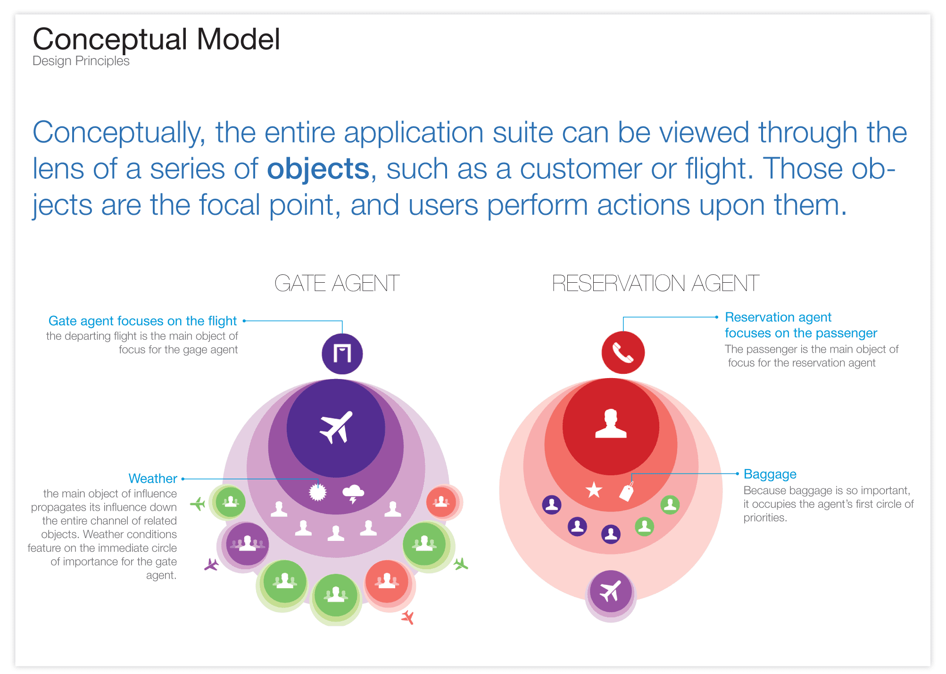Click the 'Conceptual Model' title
tap(156, 39)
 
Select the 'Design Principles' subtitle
tap(81, 61)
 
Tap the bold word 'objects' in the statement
tap(318, 168)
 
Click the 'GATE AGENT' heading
tap(337, 283)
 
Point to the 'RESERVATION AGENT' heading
tap(656, 283)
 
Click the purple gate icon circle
tap(342, 354)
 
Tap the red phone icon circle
tap(623, 352)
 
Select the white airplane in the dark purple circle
tap(336, 428)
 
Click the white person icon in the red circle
tap(611, 423)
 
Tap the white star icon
tap(594, 490)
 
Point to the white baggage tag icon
tap(627, 492)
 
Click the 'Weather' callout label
tap(153, 479)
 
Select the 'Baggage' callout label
tap(770, 474)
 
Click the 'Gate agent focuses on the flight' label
tap(142, 321)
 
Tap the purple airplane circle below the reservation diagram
tap(611, 591)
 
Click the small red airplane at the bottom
tap(408, 617)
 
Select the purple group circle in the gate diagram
tap(247, 544)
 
